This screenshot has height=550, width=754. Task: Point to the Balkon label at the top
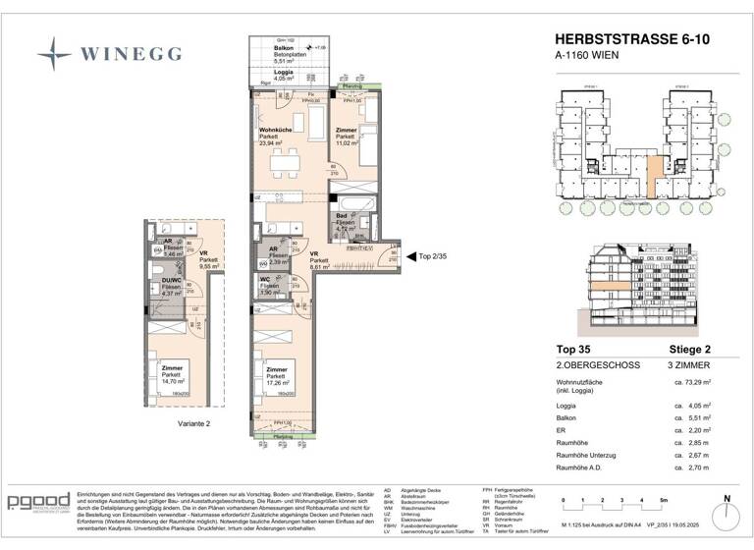283,47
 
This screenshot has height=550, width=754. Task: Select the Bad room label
341,216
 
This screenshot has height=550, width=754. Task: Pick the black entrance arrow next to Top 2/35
410,253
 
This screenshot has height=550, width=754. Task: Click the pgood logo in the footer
38,502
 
